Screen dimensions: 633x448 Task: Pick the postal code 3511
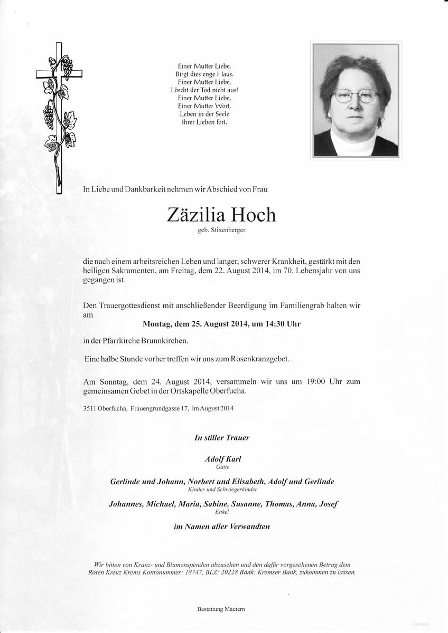pos(90,408)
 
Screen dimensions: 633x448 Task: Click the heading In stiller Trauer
pos(222,437)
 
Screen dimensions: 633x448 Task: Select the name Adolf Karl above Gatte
pos(222,459)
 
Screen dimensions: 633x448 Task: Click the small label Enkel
pos(222,512)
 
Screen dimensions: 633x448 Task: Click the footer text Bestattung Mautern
pos(221,609)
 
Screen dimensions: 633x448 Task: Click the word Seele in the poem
pos(222,114)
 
